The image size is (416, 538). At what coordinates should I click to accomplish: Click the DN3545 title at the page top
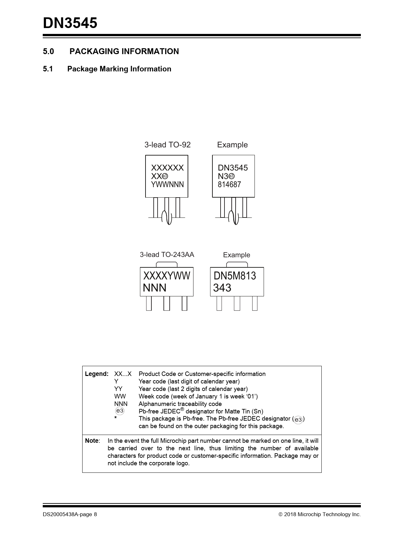[x=70, y=23]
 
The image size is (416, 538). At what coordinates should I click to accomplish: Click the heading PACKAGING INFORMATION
[x=124, y=52]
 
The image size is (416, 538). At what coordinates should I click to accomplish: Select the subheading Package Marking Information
[x=119, y=69]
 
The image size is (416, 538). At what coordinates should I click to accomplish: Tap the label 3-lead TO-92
[x=167, y=145]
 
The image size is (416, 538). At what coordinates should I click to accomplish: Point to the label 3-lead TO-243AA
[x=167, y=255]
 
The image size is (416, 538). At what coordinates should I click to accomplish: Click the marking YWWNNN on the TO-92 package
[x=167, y=185]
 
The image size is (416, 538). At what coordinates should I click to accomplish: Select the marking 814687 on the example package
[x=229, y=185]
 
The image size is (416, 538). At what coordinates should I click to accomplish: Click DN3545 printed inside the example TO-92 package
[x=233, y=168]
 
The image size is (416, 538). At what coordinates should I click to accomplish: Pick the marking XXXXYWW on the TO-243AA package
[x=167, y=276]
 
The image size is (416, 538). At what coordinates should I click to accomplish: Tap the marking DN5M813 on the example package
[x=235, y=276]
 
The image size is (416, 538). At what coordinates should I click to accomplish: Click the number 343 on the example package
[x=222, y=288]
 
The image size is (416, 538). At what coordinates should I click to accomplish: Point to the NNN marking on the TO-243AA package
[x=155, y=288]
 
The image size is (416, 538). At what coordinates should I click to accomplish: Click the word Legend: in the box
[x=97, y=374]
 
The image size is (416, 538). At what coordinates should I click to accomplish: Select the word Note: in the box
[x=92, y=441]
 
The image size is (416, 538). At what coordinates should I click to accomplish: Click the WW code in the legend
[x=120, y=396]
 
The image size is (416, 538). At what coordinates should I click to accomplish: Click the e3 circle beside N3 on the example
[x=232, y=176]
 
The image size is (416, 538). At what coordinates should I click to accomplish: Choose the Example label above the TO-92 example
[x=232, y=145]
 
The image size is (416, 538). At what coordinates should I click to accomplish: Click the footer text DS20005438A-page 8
[x=70, y=515]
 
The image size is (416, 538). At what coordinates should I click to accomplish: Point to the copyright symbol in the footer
[x=280, y=515]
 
